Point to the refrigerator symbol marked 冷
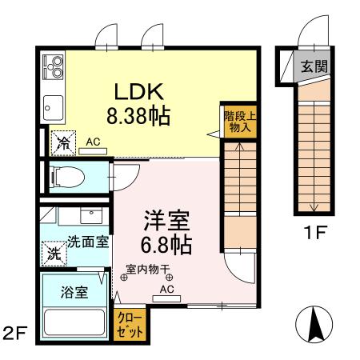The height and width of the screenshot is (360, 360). click(62, 144)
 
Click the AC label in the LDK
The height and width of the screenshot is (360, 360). click(94, 142)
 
